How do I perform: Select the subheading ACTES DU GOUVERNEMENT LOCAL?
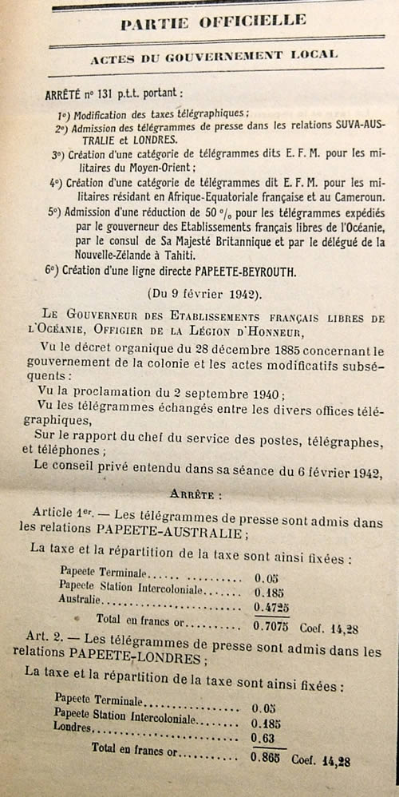(x=214, y=56)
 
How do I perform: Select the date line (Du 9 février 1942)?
(x=207, y=294)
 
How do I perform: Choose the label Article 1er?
(x=59, y=510)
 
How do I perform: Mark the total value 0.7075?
(x=271, y=625)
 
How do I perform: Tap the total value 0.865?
(x=267, y=756)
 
